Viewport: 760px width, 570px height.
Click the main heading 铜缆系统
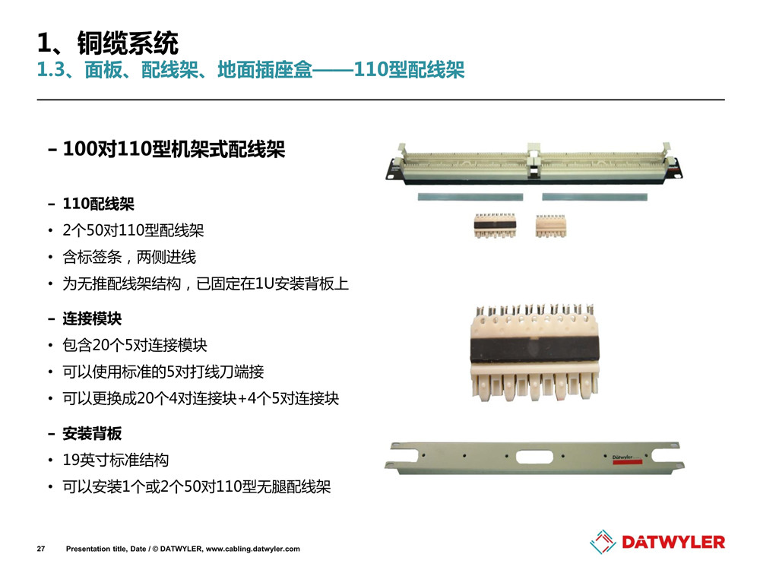(x=128, y=43)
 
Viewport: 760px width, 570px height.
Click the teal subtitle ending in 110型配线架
(x=251, y=70)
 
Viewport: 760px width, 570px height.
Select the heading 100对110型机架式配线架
(x=174, y=149)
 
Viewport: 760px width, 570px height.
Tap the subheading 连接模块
(x=92, y=318)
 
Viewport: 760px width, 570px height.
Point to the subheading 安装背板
(x=92, y=433)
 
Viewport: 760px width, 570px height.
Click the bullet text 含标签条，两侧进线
(x=129, y=257)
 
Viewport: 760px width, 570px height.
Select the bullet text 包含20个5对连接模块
(x=135, y=345)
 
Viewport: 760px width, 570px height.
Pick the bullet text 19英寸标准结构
(x=116, y=460)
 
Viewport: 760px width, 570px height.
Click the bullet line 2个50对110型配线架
(x=133, y=230)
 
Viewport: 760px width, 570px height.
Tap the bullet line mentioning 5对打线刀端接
(x=163, y=372)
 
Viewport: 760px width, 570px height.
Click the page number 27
(x=41, y=549)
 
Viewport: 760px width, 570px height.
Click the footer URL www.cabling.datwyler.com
(x=252, y=549)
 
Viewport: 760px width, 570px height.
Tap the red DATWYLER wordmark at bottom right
(x=673, y=543)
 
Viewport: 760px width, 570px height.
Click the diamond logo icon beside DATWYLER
(x=603, y=542)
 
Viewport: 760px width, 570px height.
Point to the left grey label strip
(x=470, y=198)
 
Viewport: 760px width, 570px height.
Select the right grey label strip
(x=594, y=198)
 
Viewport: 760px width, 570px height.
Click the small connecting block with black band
(x=495, y=226)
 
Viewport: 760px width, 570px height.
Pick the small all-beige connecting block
(x=550, y=226)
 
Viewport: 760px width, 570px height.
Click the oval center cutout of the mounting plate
(x=534, y=457)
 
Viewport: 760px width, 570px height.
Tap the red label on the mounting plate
(x=627, y=462)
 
